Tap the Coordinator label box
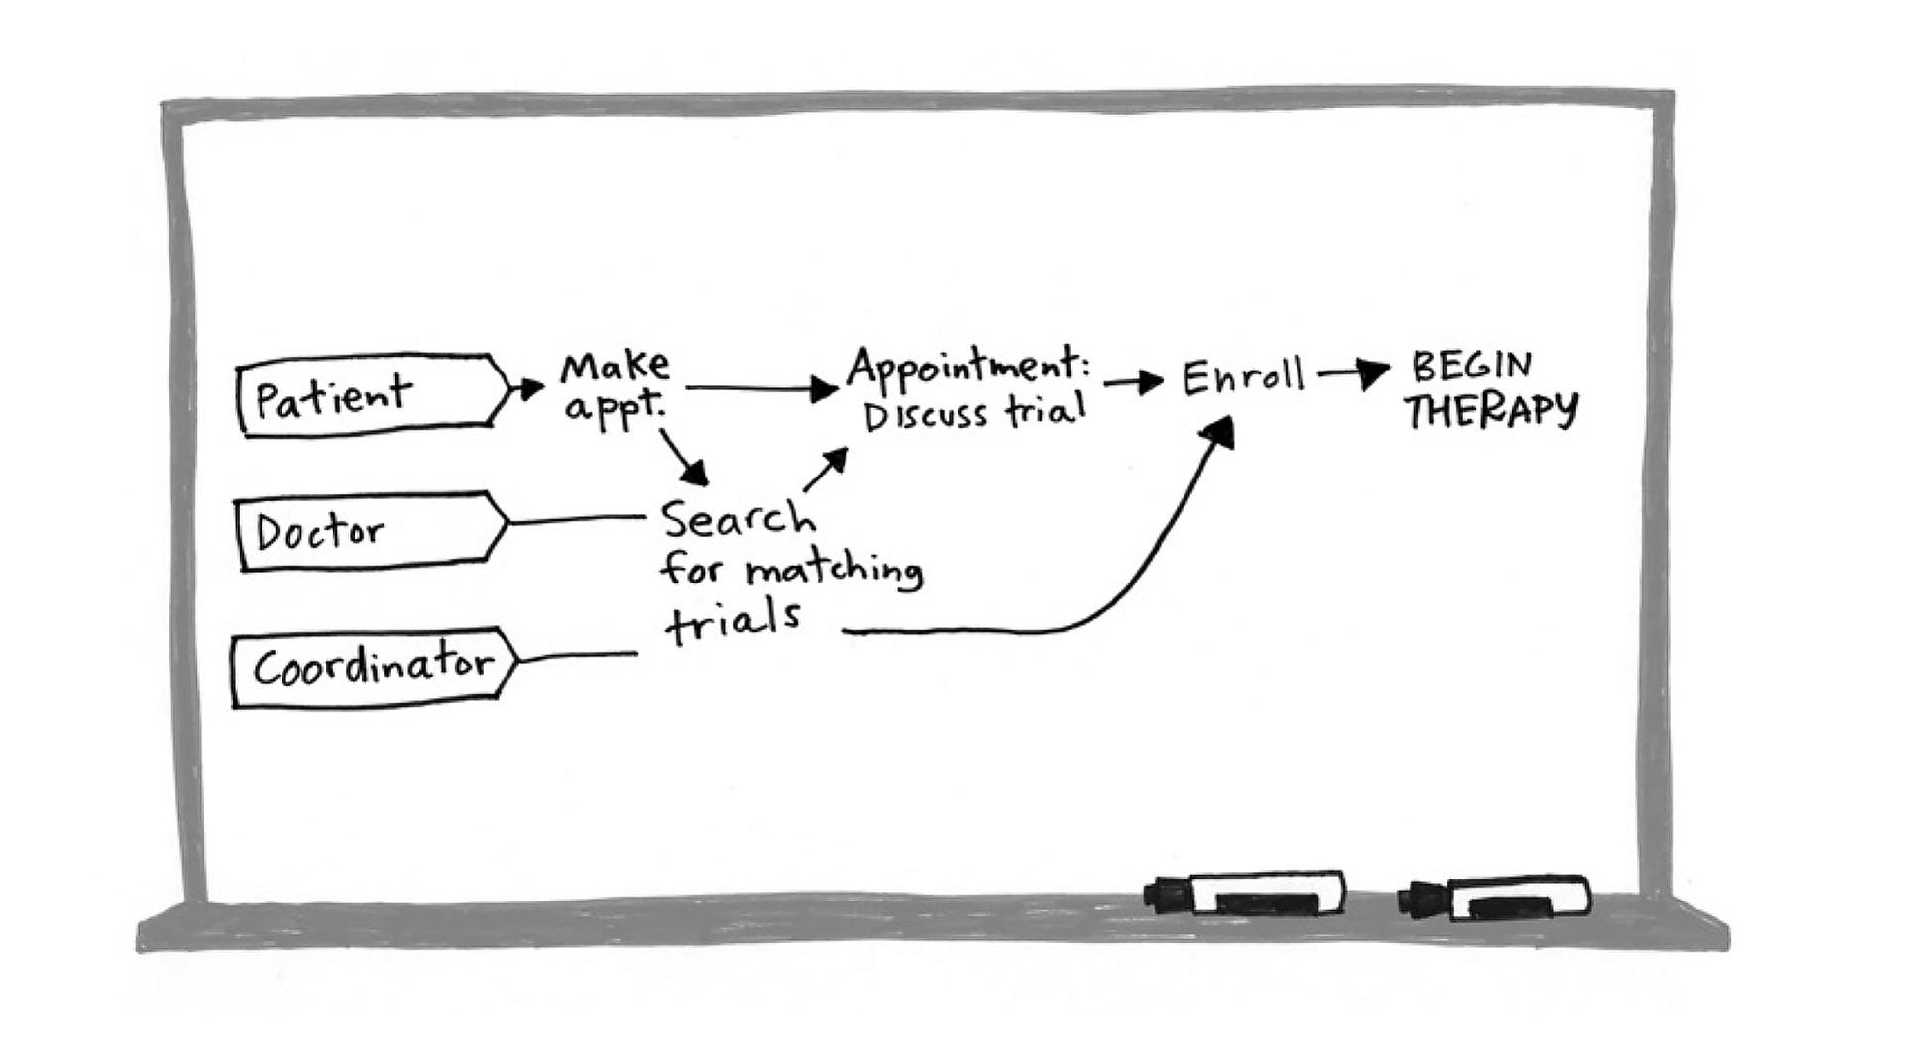point(373,666)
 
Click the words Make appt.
point(615,387)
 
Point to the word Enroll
point(1243,376)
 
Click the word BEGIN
point(1471,366)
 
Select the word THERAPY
point(1491,409)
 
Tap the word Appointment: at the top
point(967,367)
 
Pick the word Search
point(737,518)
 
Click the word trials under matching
point(733,622)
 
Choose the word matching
point(834,571)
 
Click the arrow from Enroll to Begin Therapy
point(1353,373)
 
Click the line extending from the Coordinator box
point(578,655)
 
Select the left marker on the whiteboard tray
point(1246,893)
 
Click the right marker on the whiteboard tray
point(1495,898)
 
